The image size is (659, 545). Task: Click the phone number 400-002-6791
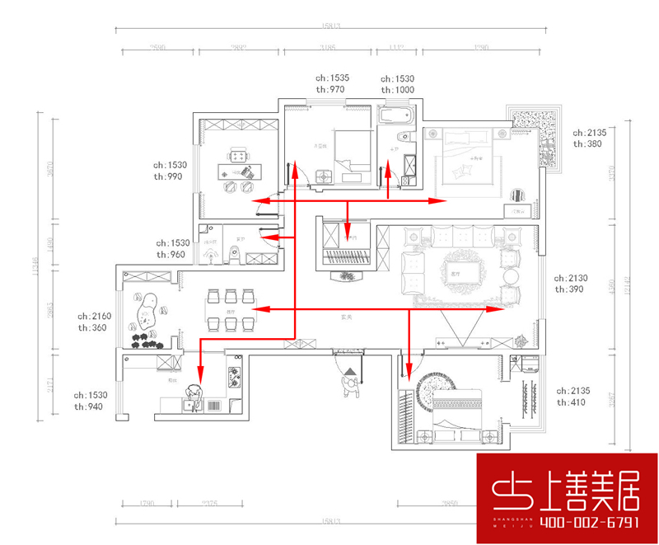click(568, 524)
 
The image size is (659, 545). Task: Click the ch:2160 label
click(94, 316)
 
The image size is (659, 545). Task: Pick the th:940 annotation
click(91, 406)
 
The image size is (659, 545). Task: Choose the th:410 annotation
click(573, 402)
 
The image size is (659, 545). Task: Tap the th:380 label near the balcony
click(588, 143)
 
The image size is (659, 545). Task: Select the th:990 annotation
click(172, 176)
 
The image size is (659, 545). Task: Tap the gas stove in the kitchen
click(233, 378)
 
